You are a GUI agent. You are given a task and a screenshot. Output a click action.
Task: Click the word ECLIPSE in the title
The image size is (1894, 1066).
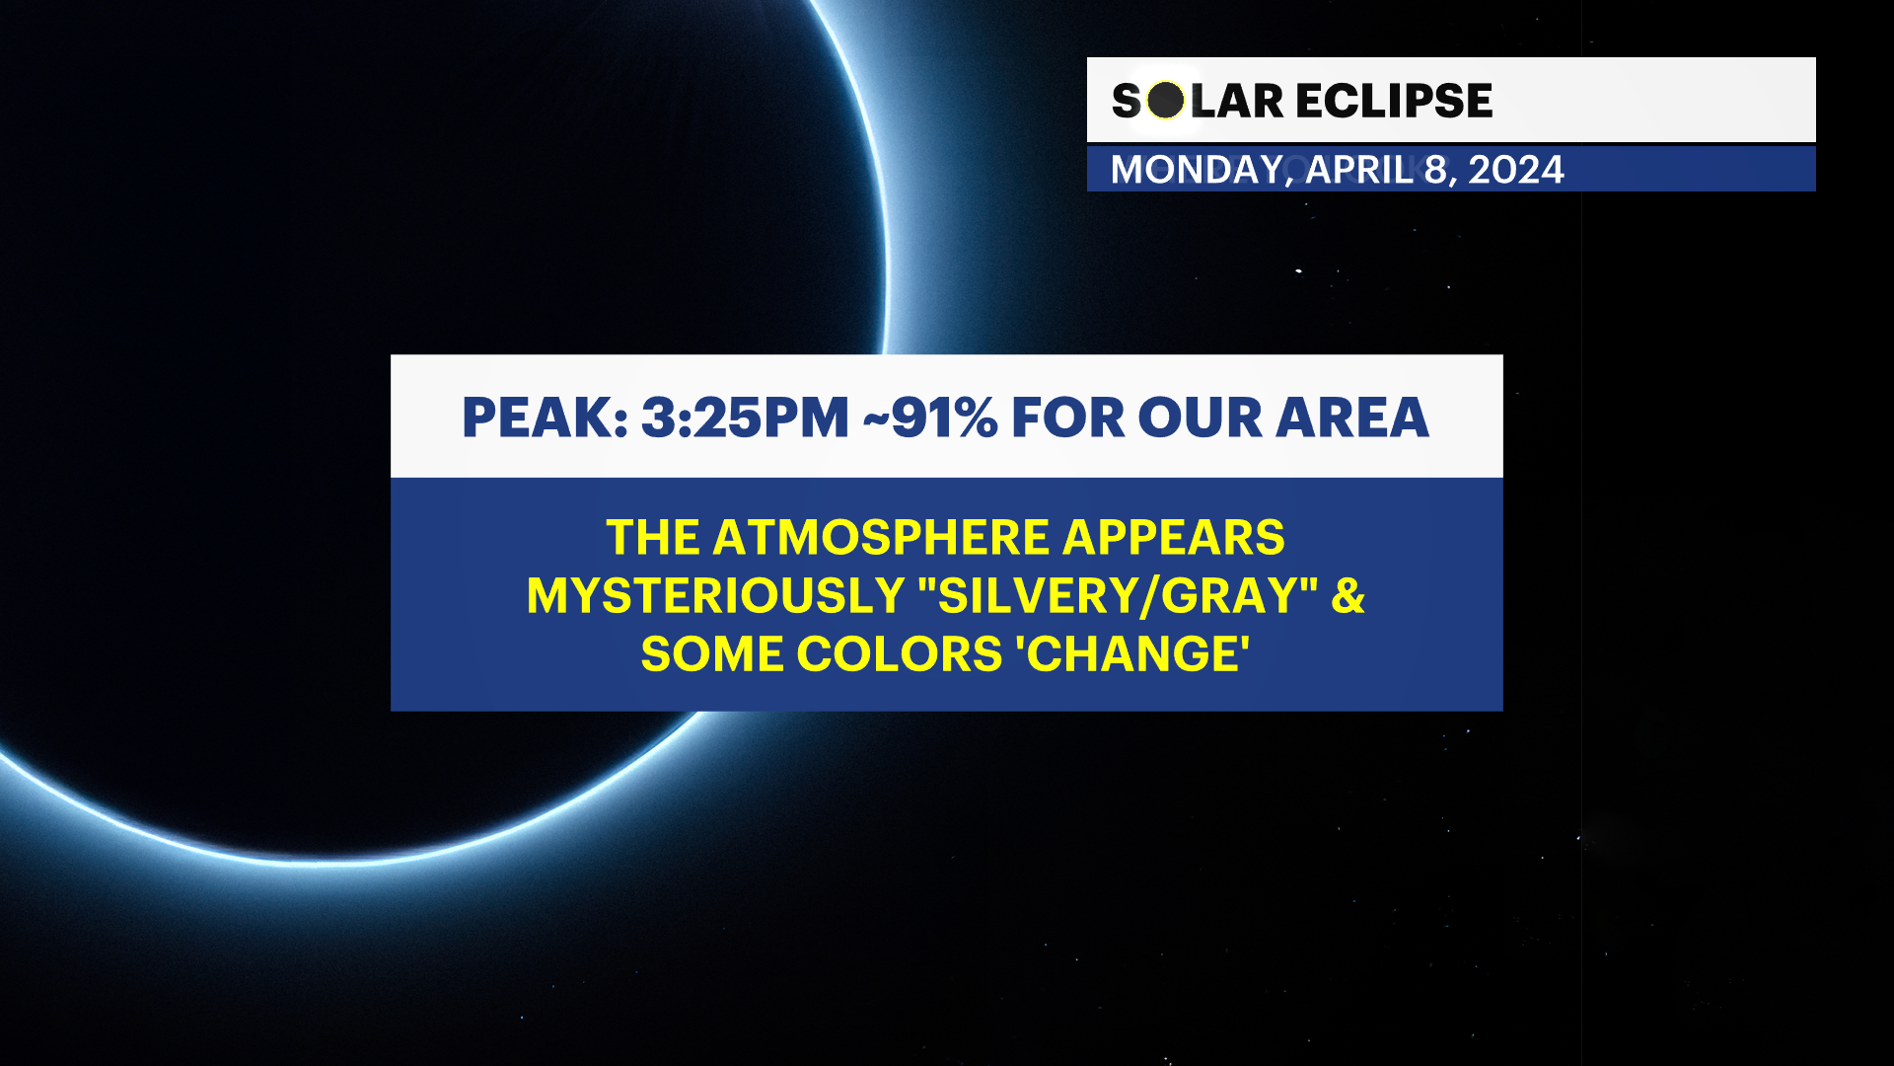[x=1393, y=101]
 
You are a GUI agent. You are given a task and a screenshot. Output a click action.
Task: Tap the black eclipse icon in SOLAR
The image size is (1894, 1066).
[x=1166, y=101]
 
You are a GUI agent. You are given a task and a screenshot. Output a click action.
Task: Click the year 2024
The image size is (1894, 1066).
[x=1515, y=170]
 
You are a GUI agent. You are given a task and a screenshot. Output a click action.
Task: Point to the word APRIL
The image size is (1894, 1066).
[x=1359, y=170]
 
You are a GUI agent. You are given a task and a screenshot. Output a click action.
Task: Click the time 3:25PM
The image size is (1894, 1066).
[x=745, y=418]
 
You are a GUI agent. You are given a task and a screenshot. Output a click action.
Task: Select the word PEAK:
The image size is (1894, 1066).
[x=545, y=418]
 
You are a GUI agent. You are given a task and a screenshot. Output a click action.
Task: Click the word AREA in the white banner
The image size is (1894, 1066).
[x=1352, y=418]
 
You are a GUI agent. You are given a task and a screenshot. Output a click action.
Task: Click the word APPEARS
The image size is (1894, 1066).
[x=1173, y=538]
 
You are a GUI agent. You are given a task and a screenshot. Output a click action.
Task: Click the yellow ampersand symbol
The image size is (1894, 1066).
[x=1348, y=596]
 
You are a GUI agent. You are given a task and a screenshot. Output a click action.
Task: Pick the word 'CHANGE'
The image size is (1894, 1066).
[x=1137, y=654]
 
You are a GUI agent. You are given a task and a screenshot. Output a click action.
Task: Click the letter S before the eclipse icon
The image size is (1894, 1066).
[x=1126, y=101]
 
